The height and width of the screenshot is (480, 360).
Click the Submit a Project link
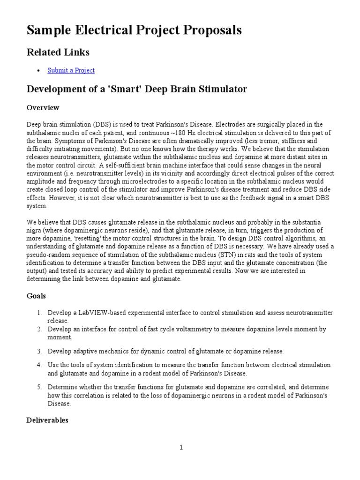pos(71,70)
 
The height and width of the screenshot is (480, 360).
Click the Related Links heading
pos(58,52)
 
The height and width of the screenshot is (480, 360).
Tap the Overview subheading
pos(43,108)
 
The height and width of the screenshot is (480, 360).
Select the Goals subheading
pos(36,296)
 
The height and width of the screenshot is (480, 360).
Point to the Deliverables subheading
pos(47,420)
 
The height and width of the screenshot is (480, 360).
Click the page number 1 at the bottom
pos(180,448)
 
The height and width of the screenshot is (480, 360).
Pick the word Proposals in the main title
pos(212,30)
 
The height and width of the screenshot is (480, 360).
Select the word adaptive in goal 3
pos(82,351)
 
